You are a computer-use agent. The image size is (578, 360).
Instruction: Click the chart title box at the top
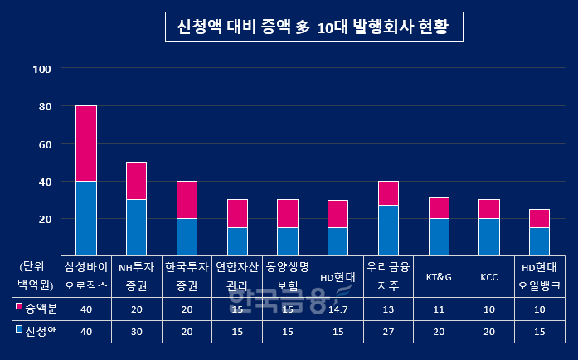(x=313, y=27)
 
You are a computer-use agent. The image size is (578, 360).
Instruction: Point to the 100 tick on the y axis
(x=42, y=69)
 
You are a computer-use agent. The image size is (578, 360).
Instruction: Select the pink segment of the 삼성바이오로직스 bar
(x=86, y=143)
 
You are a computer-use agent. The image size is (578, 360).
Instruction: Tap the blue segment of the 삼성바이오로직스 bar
(x=86, y=217)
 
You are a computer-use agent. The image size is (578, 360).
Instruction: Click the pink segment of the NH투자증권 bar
(x=137, y=181)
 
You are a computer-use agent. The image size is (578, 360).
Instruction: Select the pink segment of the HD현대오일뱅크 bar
(x=539, y=218)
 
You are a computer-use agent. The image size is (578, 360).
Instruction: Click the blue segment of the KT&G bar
(x=439, y=236)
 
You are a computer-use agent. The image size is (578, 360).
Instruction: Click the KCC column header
(x=488, y=276)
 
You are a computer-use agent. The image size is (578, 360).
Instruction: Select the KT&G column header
(x=439, y=276)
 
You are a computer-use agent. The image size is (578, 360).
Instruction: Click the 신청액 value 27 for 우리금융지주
(x=388, y=330)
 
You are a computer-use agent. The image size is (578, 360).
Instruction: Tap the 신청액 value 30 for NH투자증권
(x=137, y=330)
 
